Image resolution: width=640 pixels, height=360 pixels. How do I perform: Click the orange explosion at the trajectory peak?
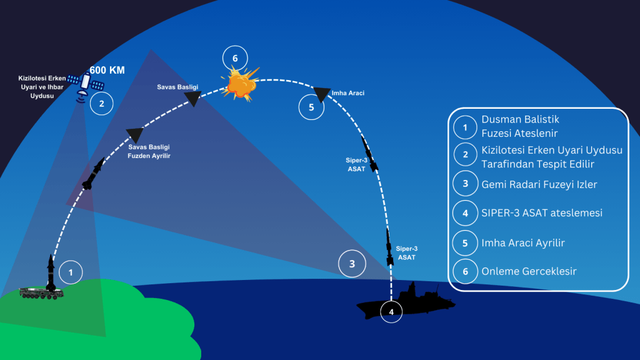click(x=241, y=84)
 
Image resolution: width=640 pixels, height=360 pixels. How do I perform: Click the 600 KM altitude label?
click(x=107, y=70)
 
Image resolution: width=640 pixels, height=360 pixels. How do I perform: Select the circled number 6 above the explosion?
click(x=235, y=59)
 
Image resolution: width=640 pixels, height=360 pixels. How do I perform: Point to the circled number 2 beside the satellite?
click(x=101, y=103)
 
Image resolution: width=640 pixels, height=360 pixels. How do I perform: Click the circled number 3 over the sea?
click(x=352, y=264)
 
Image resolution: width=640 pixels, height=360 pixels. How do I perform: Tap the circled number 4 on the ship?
click(x=392, y=311)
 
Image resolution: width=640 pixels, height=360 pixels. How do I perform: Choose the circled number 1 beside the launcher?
click(x=71, y=272)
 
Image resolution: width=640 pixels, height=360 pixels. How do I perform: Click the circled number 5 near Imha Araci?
click(x=311, y=107)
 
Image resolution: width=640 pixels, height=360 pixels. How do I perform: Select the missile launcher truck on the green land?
click(x=41, y=292)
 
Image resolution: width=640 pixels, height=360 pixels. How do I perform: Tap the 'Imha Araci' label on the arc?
click(x=348, y=93)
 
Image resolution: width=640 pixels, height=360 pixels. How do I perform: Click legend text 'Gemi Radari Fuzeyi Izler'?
click(x=539, y=185)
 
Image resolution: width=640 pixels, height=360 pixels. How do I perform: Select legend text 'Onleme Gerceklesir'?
click(x=527, y=272)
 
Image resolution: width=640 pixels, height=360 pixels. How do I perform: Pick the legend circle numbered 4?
click(x=464, y=213)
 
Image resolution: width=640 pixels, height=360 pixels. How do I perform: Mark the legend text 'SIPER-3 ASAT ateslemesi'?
click(x=541, y=213)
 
